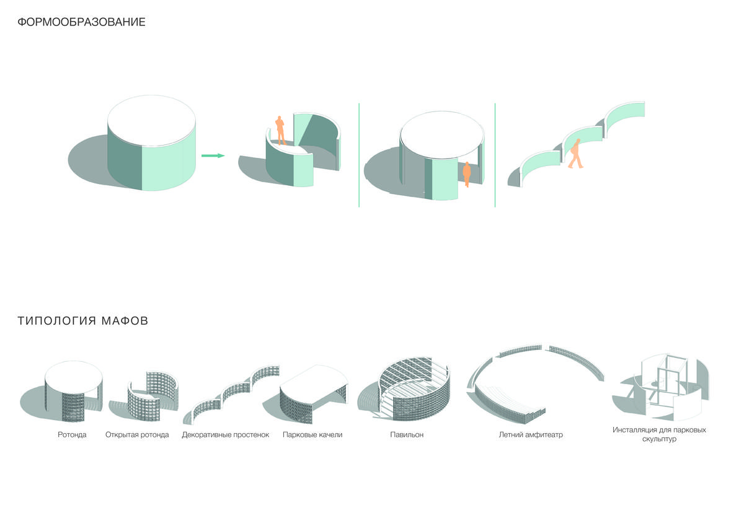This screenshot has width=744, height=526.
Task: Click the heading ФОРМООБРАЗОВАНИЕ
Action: pos(81,22)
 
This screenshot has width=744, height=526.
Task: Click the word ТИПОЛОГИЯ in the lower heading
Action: pos(57,321)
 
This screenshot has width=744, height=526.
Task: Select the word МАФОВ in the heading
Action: pos(125,321)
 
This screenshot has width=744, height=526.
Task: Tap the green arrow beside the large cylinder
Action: pos(213,156)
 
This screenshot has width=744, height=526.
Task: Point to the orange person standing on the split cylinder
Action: pos(280,131)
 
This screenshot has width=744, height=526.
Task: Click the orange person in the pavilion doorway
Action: pos(467,174)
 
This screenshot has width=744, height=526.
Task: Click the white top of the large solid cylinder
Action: pos(151,120)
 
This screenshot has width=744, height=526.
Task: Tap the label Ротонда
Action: pos(72,435)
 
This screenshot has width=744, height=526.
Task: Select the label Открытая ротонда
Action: pos(137,435)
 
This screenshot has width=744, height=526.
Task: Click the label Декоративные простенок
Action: pos(226,435)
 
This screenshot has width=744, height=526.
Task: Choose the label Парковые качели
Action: pos(312,435)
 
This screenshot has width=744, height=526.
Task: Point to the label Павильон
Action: pos(407,435)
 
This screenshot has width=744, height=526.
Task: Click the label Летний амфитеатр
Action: pos(531,435)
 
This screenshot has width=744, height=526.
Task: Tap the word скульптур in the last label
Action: pos(659,439)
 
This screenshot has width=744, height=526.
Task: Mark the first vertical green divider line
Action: pos(359,155)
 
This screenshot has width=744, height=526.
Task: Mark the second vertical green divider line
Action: pos(495,155)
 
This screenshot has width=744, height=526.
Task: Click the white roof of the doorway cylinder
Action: pos(442,134)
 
